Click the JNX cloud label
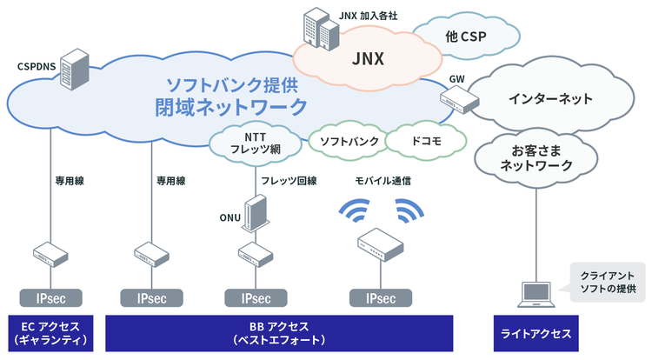[x=369, y=59]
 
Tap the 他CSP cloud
[x=465, y=37]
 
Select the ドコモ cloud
[x=425, y=141]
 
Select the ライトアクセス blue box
[x=536, y=333]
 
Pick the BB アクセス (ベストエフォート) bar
[x=279, y=332]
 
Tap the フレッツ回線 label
[x=289, y=181]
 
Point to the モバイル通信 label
[x=383, y=181]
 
